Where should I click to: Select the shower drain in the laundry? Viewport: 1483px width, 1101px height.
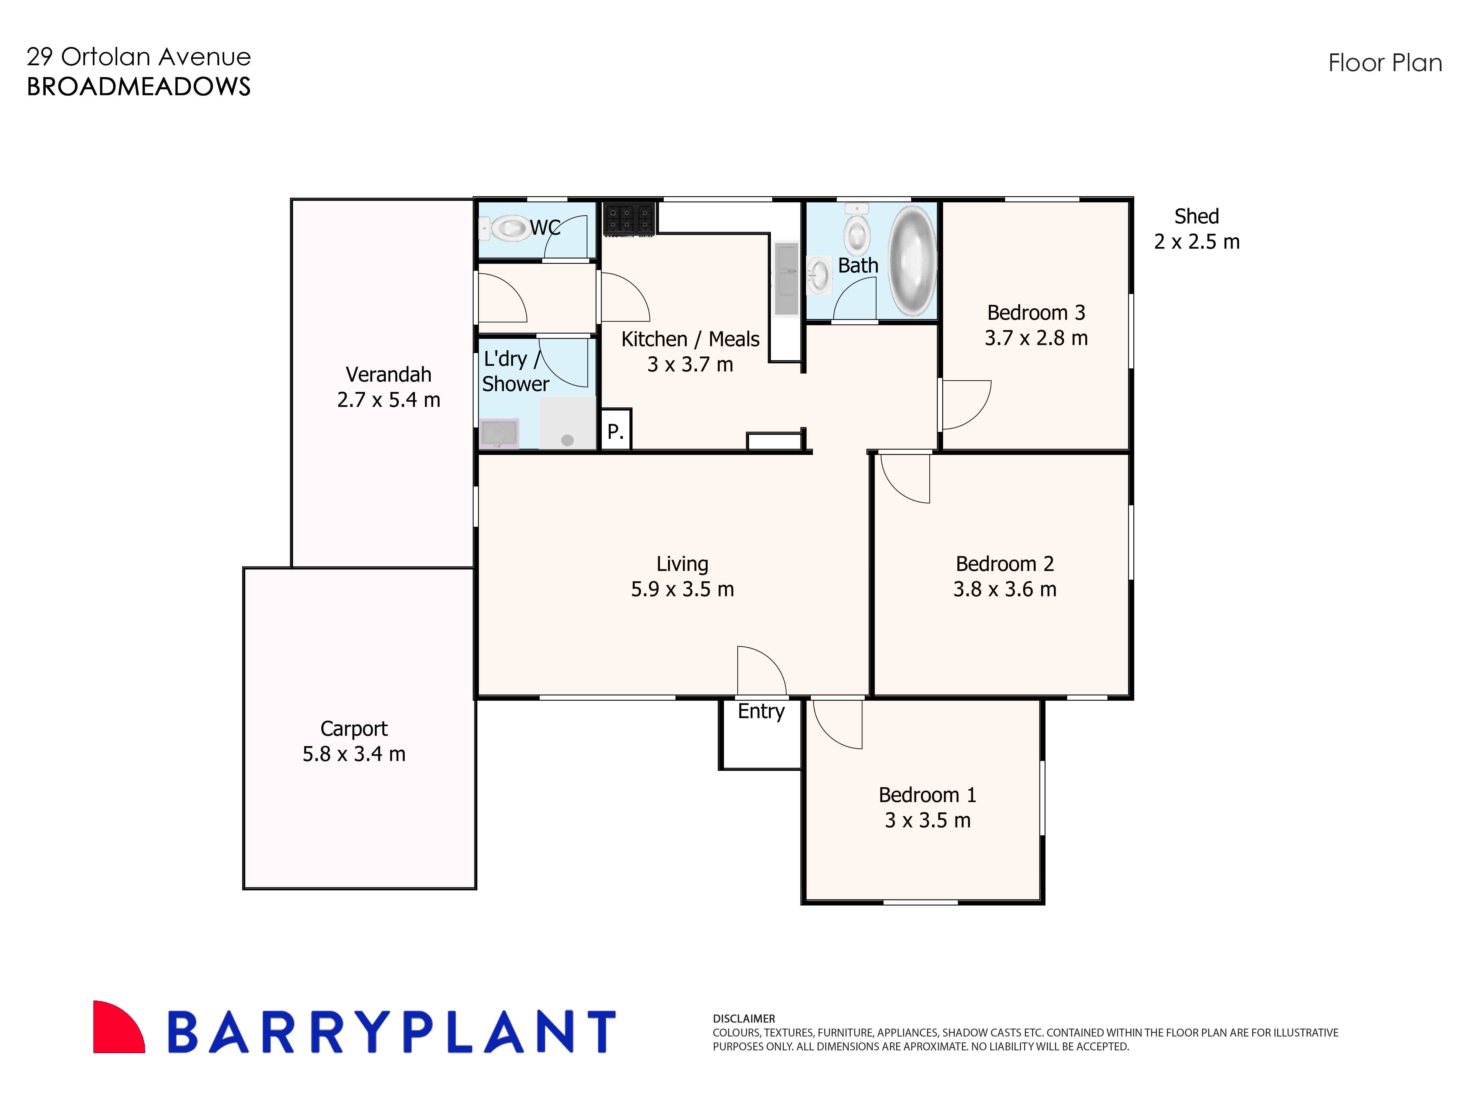pyautogui.click(x=567, y=440)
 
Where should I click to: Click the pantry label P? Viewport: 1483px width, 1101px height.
pyautogui.click(x=615, y=432)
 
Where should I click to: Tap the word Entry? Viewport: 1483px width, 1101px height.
pyautogui.click(x=761, y=711)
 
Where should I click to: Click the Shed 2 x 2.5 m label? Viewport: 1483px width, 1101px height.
pyautogui.click(x=1196, y=229)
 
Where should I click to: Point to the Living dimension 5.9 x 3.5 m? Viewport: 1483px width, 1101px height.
pyautogui.click(x=682, y=589)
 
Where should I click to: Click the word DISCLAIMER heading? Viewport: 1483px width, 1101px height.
pyautogui.click(x=743, y=1018)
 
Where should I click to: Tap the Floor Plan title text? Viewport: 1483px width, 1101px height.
pyautogui.click(x=1384, y=63)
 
